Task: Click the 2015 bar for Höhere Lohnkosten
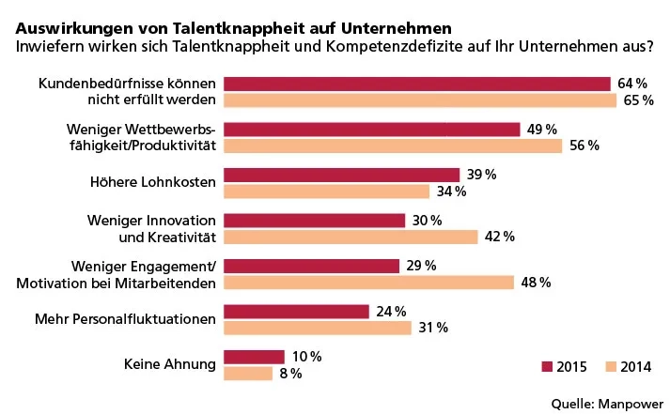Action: coord(342,176)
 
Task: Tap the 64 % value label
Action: coord(633,84)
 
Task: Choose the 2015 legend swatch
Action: coord(548,366)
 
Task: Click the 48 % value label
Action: coord(535,283)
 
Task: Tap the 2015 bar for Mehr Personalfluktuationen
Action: coord(297,311)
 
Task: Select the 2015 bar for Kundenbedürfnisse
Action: coord(418,84)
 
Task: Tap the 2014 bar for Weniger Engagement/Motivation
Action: coord(369,282)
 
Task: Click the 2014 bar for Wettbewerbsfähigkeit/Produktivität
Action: coord(394,146)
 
